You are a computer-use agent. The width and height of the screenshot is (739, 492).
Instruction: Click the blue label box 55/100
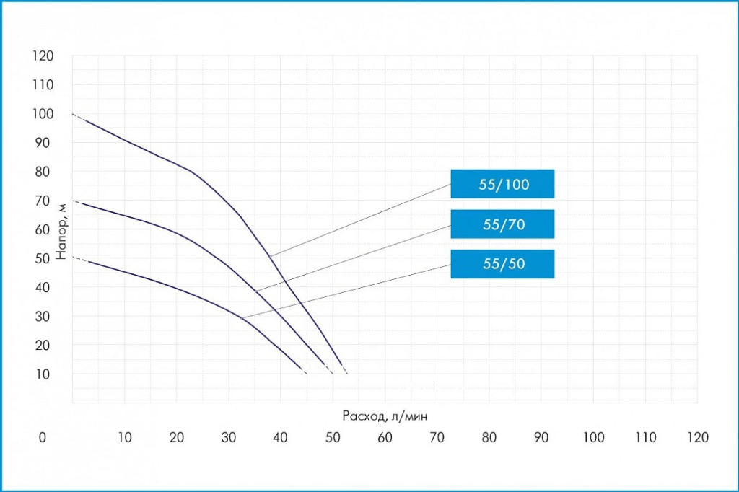click(502, 184)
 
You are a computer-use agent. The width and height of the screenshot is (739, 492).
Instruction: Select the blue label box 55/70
click(502, 224)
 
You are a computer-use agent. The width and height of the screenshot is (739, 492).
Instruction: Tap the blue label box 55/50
click(502, 264)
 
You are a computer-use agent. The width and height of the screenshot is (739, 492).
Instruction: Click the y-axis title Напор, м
click(62, 229)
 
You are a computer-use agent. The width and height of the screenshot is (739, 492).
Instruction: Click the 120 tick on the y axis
click(43, 56)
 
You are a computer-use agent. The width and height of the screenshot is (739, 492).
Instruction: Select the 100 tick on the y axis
click(43, 114)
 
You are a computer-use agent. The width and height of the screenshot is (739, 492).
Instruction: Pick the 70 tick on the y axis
click(43, 201)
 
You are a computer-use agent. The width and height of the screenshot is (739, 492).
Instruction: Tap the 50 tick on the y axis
click(43, 258)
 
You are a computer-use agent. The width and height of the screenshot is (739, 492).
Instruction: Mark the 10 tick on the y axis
click(43, 374)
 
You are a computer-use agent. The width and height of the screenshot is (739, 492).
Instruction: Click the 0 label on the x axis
click(43, 437)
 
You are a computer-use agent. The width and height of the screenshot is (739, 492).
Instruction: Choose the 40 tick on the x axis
click(281, 437)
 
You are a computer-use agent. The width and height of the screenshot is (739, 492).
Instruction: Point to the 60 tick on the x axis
click(385, 437)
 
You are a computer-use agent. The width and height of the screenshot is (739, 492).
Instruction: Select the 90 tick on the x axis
click(541, 437)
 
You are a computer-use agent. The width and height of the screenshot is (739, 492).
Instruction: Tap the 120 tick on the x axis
click(698, 437)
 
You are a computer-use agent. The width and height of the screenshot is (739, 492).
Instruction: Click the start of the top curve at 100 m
click(73, 114)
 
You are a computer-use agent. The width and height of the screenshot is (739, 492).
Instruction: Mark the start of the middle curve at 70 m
click(73, 201)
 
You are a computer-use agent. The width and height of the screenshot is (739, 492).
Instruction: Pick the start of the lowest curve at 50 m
click(73, 256)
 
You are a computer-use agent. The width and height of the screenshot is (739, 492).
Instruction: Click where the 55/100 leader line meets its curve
click(270, 256)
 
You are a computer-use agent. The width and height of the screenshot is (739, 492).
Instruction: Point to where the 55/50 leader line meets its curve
click(241, 318)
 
